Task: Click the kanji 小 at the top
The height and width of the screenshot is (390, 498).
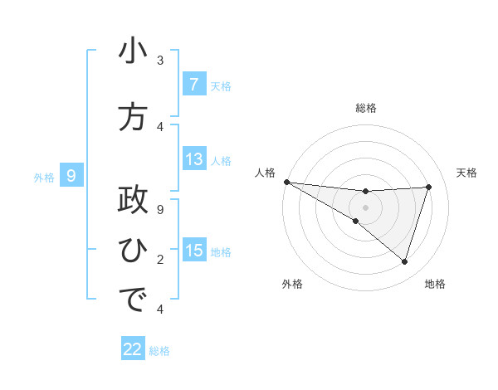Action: click(x=133, y=52)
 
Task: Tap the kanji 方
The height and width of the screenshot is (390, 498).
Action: click(x=133, y=118)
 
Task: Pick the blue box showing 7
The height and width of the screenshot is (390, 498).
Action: click(x=193, y=85)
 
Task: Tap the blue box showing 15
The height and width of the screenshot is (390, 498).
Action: click(x=194, y=251)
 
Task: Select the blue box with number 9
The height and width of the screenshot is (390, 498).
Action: click(x=71, y=175)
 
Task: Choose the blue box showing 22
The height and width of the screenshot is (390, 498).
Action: click(x=133, y=349)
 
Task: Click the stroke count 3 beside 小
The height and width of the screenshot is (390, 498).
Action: click(x=160, y=61)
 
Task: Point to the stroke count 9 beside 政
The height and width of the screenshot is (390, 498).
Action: click(x=160, y=210)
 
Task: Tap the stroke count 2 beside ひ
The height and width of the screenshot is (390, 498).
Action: click(x=160, y=260)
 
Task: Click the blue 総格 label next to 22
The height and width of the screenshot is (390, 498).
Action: click(x=159, y=351)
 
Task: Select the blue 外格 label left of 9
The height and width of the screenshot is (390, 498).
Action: click(x=44, y=177)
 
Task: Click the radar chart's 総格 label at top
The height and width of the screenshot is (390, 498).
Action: click(x=365, y=108)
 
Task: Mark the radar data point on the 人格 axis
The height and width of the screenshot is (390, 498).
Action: click(x=286, y=181)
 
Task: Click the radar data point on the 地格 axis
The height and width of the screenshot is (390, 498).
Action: click(x=404, y=262)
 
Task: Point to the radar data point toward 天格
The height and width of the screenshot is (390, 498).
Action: click(x=428, y=187)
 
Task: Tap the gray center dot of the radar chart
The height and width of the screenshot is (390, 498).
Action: click(x=365, y=206)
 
